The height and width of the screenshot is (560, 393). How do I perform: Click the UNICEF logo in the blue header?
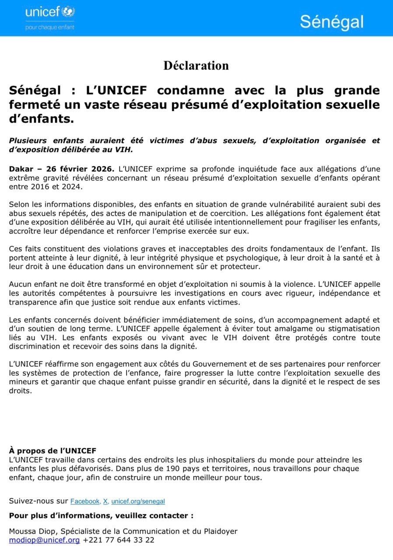tap(50, 12)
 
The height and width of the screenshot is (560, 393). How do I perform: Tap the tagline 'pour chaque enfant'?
tap(50, 27)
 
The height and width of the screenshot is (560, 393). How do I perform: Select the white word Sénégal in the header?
tap(331, 21)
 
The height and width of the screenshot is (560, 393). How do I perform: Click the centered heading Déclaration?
tap(196, 66)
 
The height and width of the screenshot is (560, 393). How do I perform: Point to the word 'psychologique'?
tap(246, 258)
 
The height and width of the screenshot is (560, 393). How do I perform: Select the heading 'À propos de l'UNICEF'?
tap(53, 451)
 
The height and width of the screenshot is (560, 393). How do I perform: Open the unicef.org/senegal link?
tap(138, 501)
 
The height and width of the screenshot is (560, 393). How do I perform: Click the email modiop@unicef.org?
tap(44, 540)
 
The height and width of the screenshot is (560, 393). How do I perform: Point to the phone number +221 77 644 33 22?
tap(119, 540)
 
